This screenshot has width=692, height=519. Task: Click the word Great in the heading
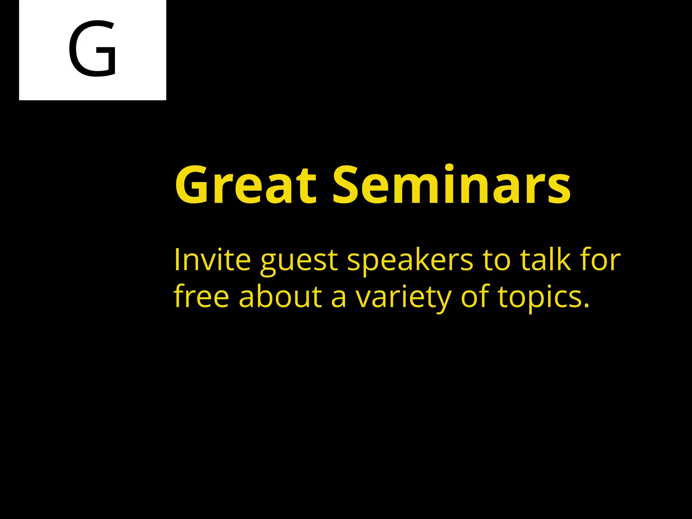246,185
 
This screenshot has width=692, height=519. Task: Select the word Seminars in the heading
451,185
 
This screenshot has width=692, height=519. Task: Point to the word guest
299,262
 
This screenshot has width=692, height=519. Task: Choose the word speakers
410,262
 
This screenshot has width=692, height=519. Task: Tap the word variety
403,298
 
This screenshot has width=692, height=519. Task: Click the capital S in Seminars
349,185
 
